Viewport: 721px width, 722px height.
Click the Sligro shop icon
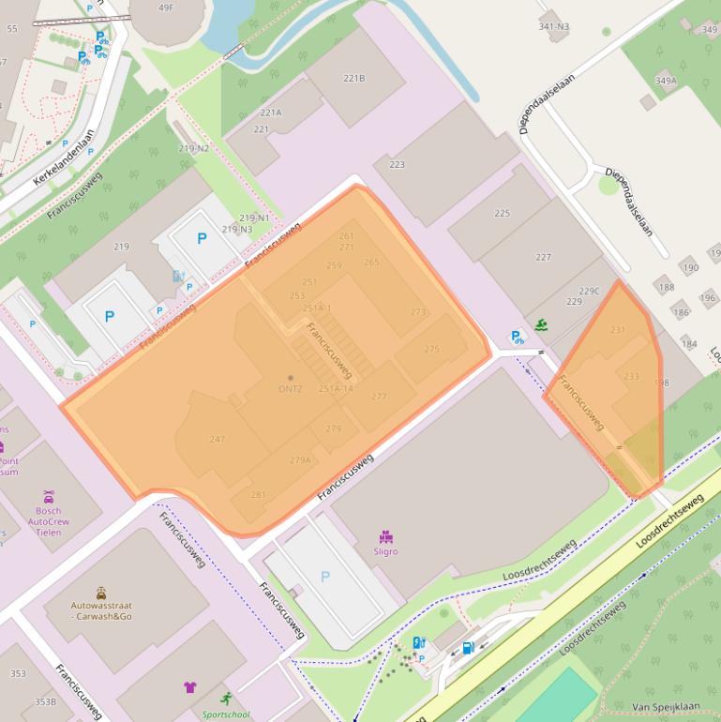pyautogui.click(x=385, y=536)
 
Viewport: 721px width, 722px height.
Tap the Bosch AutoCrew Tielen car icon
pyautogui.click(x=49, y=496)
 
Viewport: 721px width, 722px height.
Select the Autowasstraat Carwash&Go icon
pyautogui.click(x=101, y=593)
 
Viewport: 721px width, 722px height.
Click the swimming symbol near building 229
pyautogui.click(x=541, y=325)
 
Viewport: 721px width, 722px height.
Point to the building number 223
pyautogui.click(x=397, y=164)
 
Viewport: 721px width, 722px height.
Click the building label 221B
pyautogui.click(x=353, y=78)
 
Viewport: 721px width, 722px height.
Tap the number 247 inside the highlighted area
pyautogui.click(x=218, y=439)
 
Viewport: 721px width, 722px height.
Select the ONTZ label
pyautogui.click(x=290, y=388)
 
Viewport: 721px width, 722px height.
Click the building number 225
pyautogui.click(x=503, y=213)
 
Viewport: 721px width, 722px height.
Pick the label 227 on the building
pyautogui.click(x=543, y=257)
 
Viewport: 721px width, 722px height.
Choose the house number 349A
pyautogui.click(x=665, y=81)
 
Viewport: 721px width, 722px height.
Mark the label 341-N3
pyautogui.click(x=553, y=26)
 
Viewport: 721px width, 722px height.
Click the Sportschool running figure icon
pyautogui.click(x=226, y=698)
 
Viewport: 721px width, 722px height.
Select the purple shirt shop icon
pyautogui.click(x=190, y=686)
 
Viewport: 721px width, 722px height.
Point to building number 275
pyautogui.click(x=431, y=349)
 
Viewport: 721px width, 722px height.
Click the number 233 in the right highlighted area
pyautogui.click(x=631, y=376)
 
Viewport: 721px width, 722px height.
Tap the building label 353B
pyautogui.click(x=45, y=701)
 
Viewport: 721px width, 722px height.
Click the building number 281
pyautogui.click(x=258, y=494)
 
